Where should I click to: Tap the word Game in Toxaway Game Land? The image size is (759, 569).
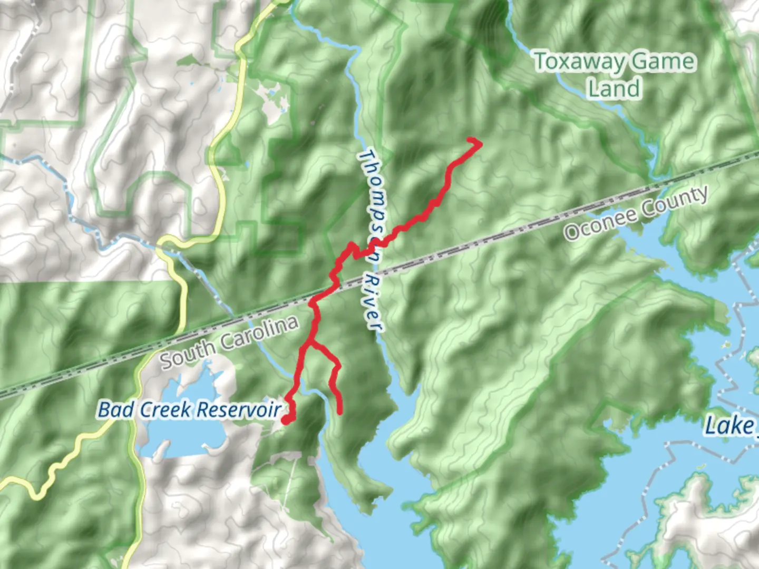pos(664,62)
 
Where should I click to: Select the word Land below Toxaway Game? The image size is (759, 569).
pos(614,88)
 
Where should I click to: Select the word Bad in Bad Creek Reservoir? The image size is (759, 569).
pos(111,409)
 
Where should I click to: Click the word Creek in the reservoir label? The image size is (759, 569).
pos(160,409)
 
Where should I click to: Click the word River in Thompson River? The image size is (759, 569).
pos(373,302)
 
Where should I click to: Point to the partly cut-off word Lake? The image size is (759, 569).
pos(730,426)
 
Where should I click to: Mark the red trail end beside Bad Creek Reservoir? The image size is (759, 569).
pos(285,420)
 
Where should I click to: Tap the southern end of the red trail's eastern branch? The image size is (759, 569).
pos(340,412)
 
